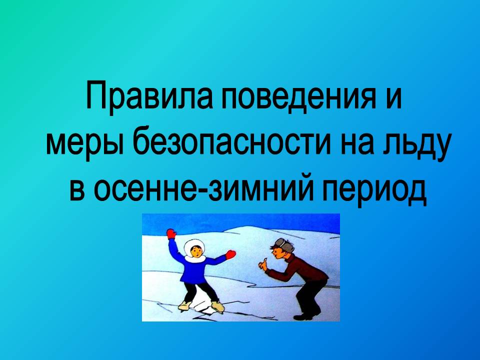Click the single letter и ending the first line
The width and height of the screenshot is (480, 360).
pos(393,98)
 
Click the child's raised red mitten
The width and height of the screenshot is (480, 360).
pos(171,233)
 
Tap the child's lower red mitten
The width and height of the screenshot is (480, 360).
pos(230,254)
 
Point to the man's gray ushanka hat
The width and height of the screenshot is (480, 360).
pos(284,244)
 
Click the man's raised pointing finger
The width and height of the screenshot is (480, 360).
pos(265,260)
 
